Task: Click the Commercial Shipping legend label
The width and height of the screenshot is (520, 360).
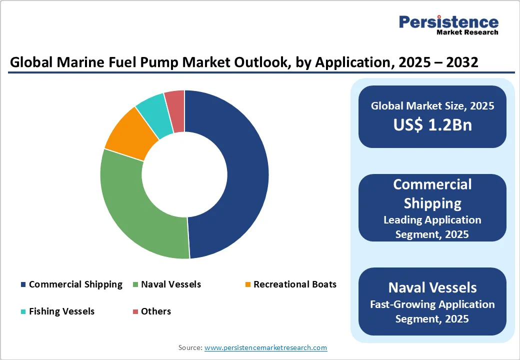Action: pyautogui.click(x=75, y=284)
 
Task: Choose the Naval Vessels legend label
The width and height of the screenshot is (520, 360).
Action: pyautogui.click(x=171, y=284)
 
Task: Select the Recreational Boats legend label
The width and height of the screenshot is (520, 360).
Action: pyautogui.click(x=295, y=284)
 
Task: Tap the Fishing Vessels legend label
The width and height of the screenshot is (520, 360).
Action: pyautogui.click(x=61, y=311)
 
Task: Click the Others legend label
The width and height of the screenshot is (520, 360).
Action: pyautogui.click(x=156, y=311)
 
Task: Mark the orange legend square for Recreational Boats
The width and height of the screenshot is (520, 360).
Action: pyautogui.click(x=247, y=285)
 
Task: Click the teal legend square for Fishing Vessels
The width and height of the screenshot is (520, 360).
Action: pyautogui.click(x=23, y=312)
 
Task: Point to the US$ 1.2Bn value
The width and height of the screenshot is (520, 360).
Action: pyautogui.click(x=432, y=124)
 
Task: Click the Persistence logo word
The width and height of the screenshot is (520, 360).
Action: pyautogui.click(x=448, y=22)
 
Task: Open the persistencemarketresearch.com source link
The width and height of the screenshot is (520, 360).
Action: pyautogui.click(x=265, y=347)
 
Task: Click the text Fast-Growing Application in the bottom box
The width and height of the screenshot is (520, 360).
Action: pyautogui.click(x=432, y=304)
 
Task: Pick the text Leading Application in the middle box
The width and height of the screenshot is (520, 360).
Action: pyautogui.click(x=432, y=220)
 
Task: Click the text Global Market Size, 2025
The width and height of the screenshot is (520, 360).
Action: pyautogui.click(x=432, y=106)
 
